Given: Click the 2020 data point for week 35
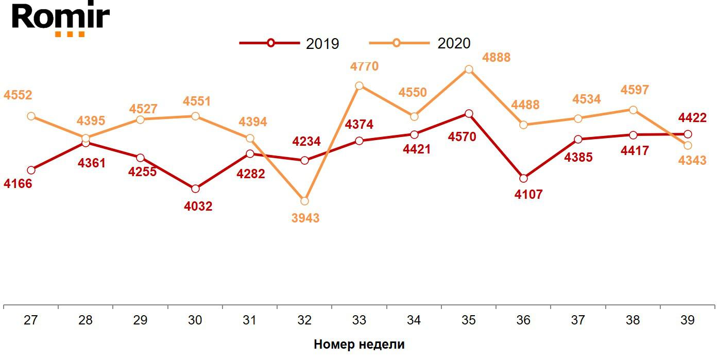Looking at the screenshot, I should pos(469,70).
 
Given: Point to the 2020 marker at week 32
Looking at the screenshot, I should pos(304,201).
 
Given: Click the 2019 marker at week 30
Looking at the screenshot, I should pos(195,189).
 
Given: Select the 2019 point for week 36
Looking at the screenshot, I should pos(523,179).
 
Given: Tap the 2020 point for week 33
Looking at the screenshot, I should pos(360,85).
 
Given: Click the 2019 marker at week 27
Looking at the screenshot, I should pos(31,170).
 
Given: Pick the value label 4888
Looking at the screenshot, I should pos(496,58).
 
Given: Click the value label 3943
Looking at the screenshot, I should pos(305,218).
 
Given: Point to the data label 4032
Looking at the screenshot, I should pos(198,207).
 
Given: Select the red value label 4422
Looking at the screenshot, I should pos(692,118).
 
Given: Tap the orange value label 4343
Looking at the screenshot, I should pos(692,161).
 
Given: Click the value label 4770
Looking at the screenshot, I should pos(364,66).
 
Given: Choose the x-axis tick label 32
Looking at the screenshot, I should pos(304,320).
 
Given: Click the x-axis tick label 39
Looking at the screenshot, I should pos(687,320).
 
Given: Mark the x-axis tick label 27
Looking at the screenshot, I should pos(31,320).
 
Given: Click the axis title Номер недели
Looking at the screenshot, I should pos(359,345).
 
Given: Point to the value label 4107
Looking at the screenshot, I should pos(528,195).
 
